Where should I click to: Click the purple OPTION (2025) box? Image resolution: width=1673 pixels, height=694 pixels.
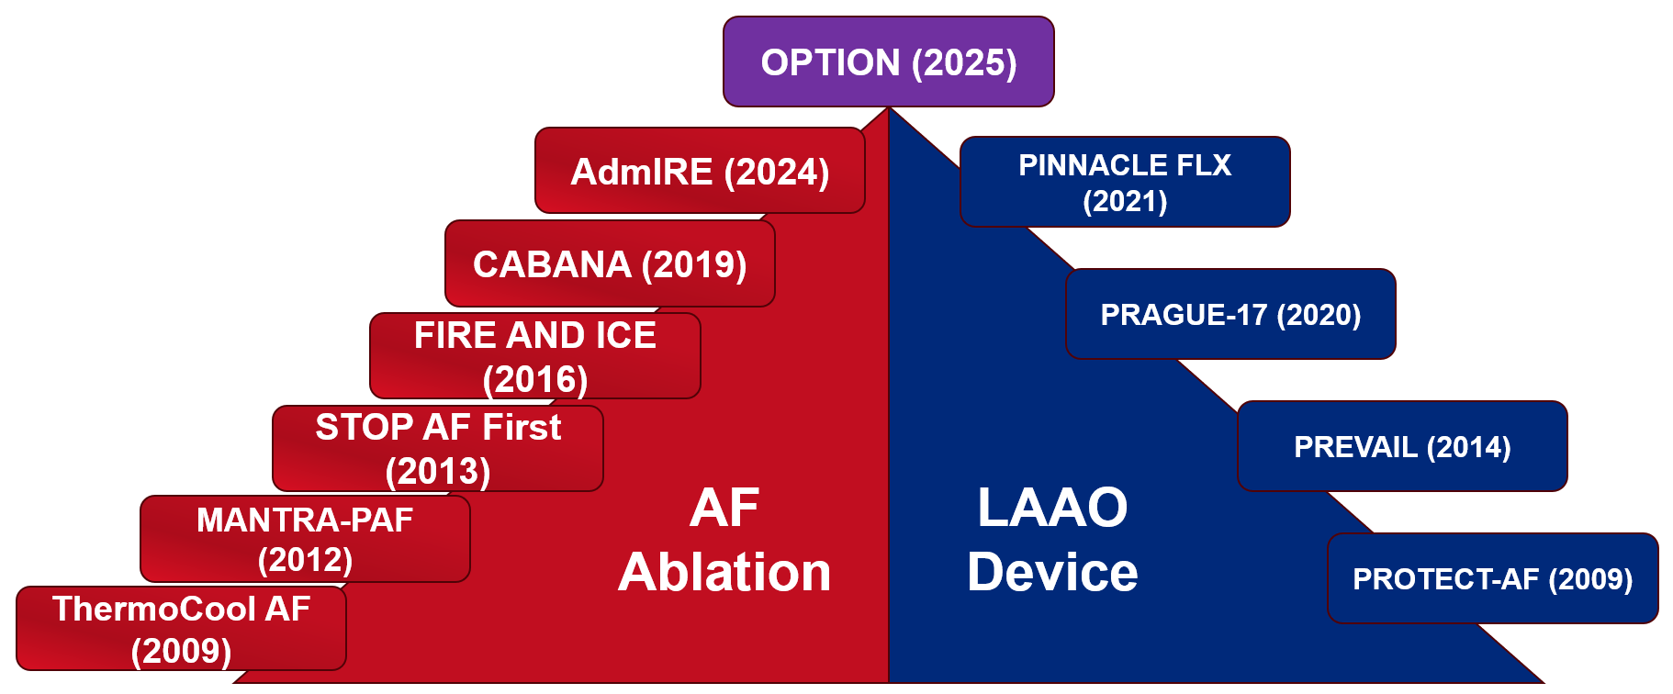click(x=888, y=62)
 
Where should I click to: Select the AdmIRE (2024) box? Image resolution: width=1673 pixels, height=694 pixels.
click(x=700, y=172)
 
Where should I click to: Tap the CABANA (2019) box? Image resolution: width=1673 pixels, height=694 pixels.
click(x=610, y=264)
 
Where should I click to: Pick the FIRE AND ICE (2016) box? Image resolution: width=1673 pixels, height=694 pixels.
click(x=535, y=356)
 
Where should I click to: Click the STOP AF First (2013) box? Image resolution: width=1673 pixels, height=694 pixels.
click(x=438, y=448)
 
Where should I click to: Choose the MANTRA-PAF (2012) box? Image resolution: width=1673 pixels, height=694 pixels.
click(x=305, y=539)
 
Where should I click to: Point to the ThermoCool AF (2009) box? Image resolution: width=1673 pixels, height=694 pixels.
click(x=181, y=629)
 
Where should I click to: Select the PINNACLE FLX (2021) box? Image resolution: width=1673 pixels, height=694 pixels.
click(x=1125, y=182)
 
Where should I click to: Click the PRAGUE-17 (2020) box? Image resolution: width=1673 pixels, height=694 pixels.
click(x=1230, y=314)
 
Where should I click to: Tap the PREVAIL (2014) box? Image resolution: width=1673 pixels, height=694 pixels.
click(x=1402, y=446)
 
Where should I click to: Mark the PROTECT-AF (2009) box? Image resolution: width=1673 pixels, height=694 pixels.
click(x=1492, y=578)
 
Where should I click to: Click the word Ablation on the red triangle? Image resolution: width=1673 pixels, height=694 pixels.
click(x=724, y=572)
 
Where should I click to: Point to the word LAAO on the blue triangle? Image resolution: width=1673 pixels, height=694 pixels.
click(x=1052, y=507)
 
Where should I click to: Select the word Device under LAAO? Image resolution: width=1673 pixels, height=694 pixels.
click(x=1052, y=572)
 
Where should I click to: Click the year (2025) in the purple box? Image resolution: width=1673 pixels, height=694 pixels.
click(x=964, y=62)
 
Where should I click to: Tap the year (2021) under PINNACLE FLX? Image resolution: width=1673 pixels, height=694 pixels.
click(x=1125, y=201)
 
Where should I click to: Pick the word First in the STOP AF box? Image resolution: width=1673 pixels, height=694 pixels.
click(x=522, y=427)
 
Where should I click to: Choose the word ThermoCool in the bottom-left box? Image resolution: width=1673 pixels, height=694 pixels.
click(x=153, y=609)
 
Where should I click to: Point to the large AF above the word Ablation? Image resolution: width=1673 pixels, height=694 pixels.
click(x=724, y=507)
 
